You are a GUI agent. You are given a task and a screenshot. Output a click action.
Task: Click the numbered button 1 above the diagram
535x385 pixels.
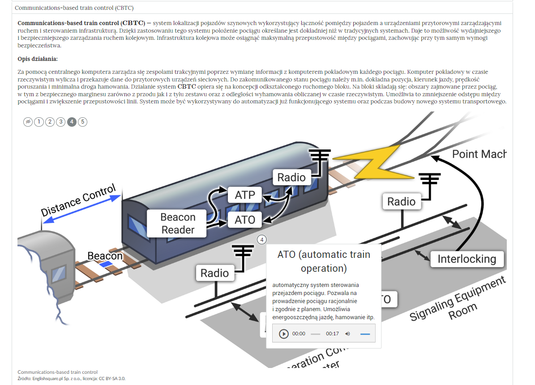(39, 122)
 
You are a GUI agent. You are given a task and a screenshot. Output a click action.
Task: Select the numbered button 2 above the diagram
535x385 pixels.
(50, 122)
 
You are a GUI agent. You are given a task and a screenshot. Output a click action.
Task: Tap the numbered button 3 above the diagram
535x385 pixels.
(60, 122)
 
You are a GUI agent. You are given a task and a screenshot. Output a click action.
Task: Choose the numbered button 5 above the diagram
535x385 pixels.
(82, 122)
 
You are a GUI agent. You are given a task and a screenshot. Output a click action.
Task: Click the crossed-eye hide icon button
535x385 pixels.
(28, 122)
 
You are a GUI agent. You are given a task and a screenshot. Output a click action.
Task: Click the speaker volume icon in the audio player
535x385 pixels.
(348, 334)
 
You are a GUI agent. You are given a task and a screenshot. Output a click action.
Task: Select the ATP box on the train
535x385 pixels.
(245, 195)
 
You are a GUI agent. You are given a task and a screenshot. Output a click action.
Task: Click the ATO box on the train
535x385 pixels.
(245, 219)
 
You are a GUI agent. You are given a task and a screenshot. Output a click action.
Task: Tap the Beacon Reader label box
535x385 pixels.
(178, 223)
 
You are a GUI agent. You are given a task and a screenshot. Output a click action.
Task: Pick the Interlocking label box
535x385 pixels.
(467, 259)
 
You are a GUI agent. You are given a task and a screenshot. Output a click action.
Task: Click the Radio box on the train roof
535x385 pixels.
(291, 177)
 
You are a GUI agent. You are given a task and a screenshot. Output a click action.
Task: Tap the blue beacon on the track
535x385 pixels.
(106, 265)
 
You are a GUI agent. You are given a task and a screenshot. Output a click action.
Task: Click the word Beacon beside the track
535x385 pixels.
(105, 256)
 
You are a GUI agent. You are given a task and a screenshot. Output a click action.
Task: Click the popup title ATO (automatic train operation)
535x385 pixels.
(323, 261)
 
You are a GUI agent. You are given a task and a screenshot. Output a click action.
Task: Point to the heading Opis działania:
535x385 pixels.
(38, 59)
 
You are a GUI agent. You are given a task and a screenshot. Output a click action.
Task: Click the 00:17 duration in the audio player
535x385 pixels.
(332, 334)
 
